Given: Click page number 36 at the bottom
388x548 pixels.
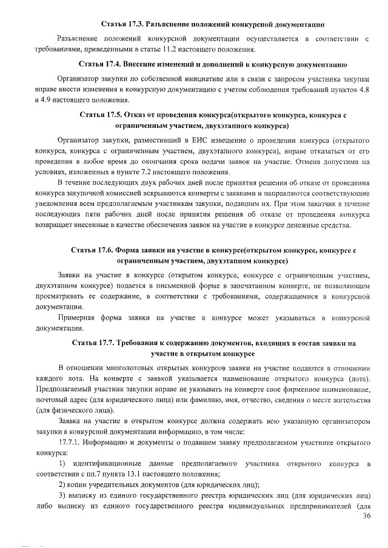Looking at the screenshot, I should (366, 515).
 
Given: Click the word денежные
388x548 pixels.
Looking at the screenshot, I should (306, 225).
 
